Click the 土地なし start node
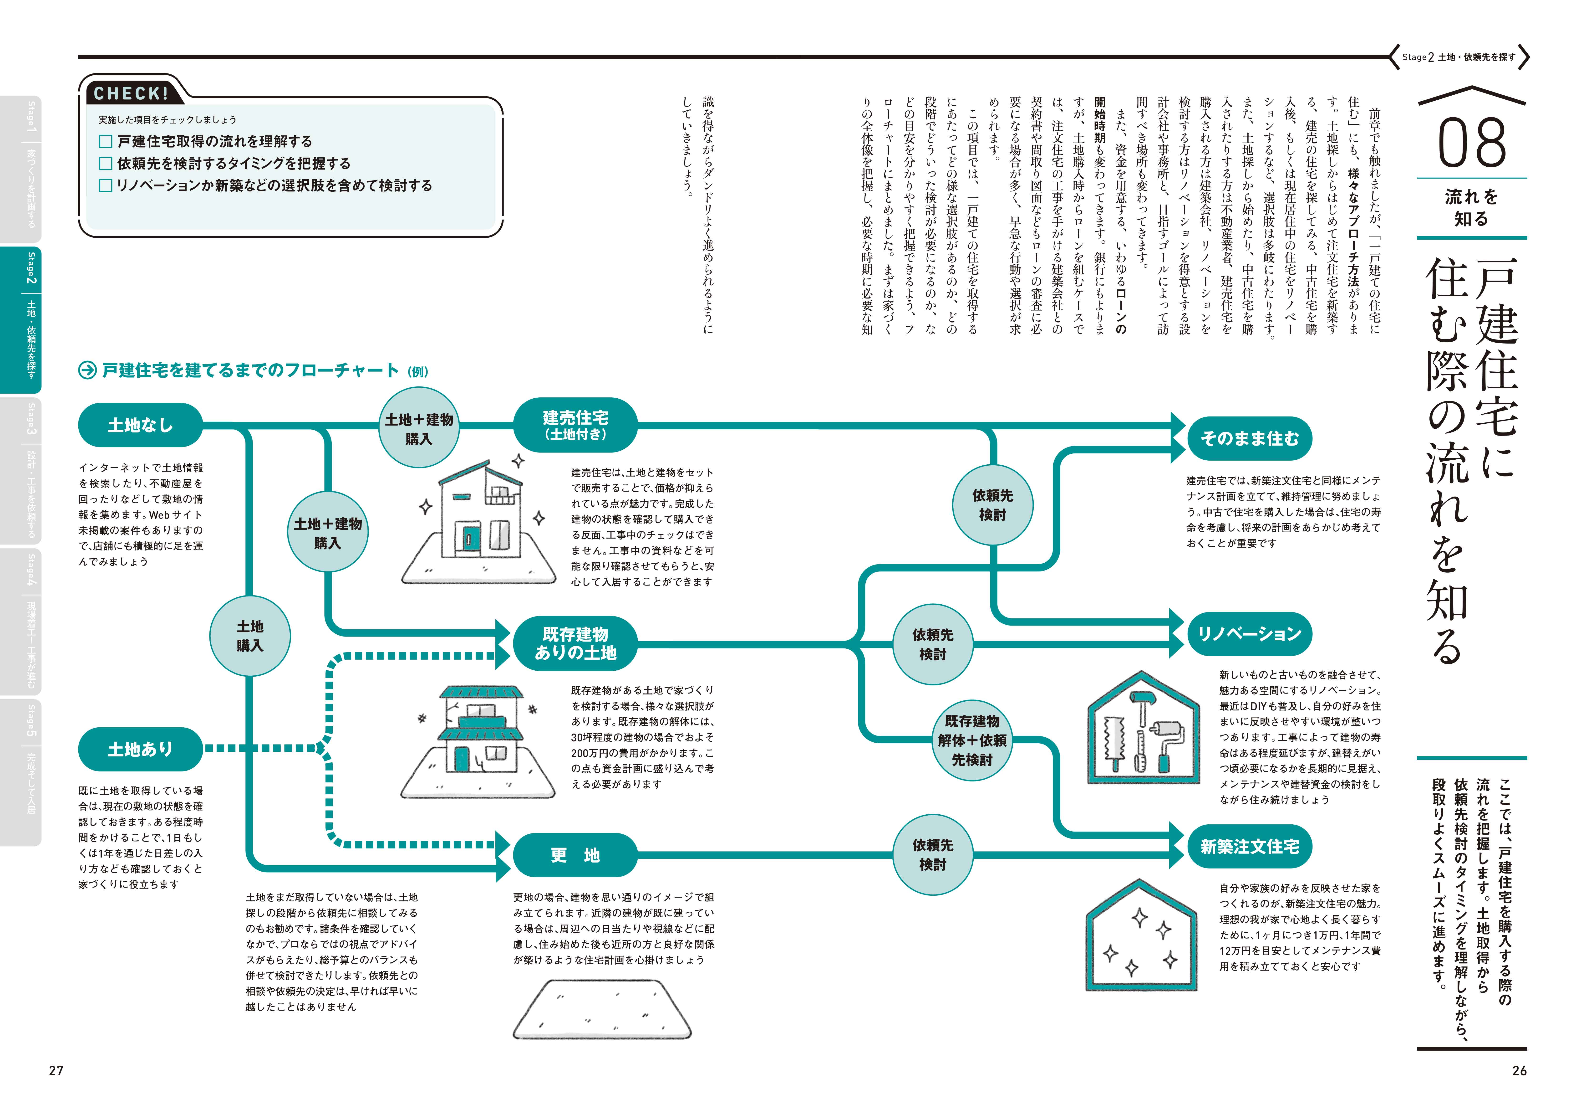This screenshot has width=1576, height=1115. (x=141, y=425)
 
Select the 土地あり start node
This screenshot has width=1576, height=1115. (x=141, y=749)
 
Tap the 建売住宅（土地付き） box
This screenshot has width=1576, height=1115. (x=575, y=425)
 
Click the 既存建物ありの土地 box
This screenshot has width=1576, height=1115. (x=575, y=643)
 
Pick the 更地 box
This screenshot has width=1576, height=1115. (x=575, y=855)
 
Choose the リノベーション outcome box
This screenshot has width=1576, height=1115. (x=1249, y=634)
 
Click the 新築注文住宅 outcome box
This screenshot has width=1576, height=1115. (x=1249, y=847)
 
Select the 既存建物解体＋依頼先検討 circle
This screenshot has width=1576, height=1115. (x=972, y=740)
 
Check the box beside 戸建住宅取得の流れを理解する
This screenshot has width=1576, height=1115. (x=106, y=141)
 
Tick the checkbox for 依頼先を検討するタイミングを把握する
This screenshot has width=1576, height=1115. (x=106, y=163)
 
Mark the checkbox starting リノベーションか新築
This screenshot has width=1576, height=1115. (x=106, y=185)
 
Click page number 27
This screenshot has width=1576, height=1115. (x=56, y=1070)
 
